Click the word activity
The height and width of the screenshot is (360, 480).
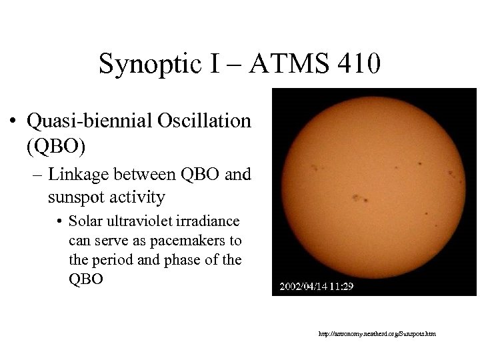(x=143, y=197)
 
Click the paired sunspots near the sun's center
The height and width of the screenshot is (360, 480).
(x=361, y=198)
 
